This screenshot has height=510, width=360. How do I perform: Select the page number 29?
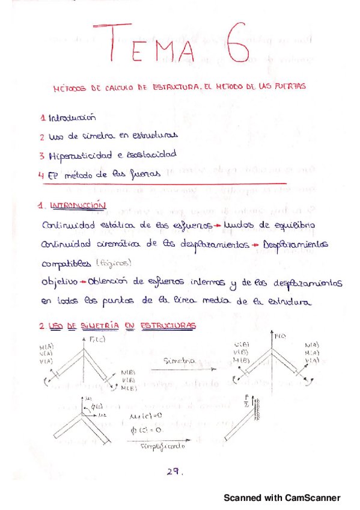[x=174, y=472]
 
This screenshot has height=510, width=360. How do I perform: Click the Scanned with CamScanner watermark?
[x=282, y=498]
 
